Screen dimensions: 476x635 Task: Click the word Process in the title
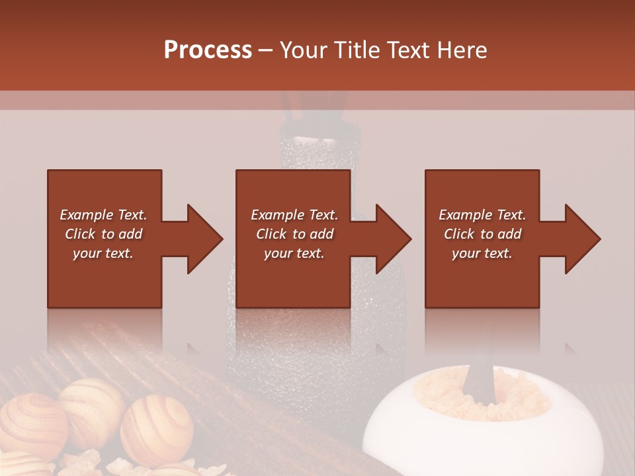pyautogui.click(x=208, y=50)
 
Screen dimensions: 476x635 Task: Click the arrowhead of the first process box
pyautogui.click(x=205, y=239)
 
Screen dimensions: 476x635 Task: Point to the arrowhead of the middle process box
pyautogui.click(x=394, y=239)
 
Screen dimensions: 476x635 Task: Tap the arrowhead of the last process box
pyautogui.click(x=583, y=239)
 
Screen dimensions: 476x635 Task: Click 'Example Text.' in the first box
pyautogui.click(x=103, y=215)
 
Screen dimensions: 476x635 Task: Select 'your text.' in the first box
pyautogui.click(x=103, y=253)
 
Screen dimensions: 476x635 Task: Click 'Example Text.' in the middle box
pyautogui.click(x=294, y=215)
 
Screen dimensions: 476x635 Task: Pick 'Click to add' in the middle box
pyautogui.click(x=294, y=234)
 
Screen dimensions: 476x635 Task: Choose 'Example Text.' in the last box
pyautogui.click(x=482, y=215)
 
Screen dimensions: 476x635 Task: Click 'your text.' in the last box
pyautogui.click(x=482, y=253)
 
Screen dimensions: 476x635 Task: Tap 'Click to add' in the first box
pyautogui.click(x=103, y=234)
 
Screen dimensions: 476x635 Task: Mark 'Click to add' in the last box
pyautogui.click(x=482, y=234)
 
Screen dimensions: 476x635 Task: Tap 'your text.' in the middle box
pyautogui.click(x=294, y=253)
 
